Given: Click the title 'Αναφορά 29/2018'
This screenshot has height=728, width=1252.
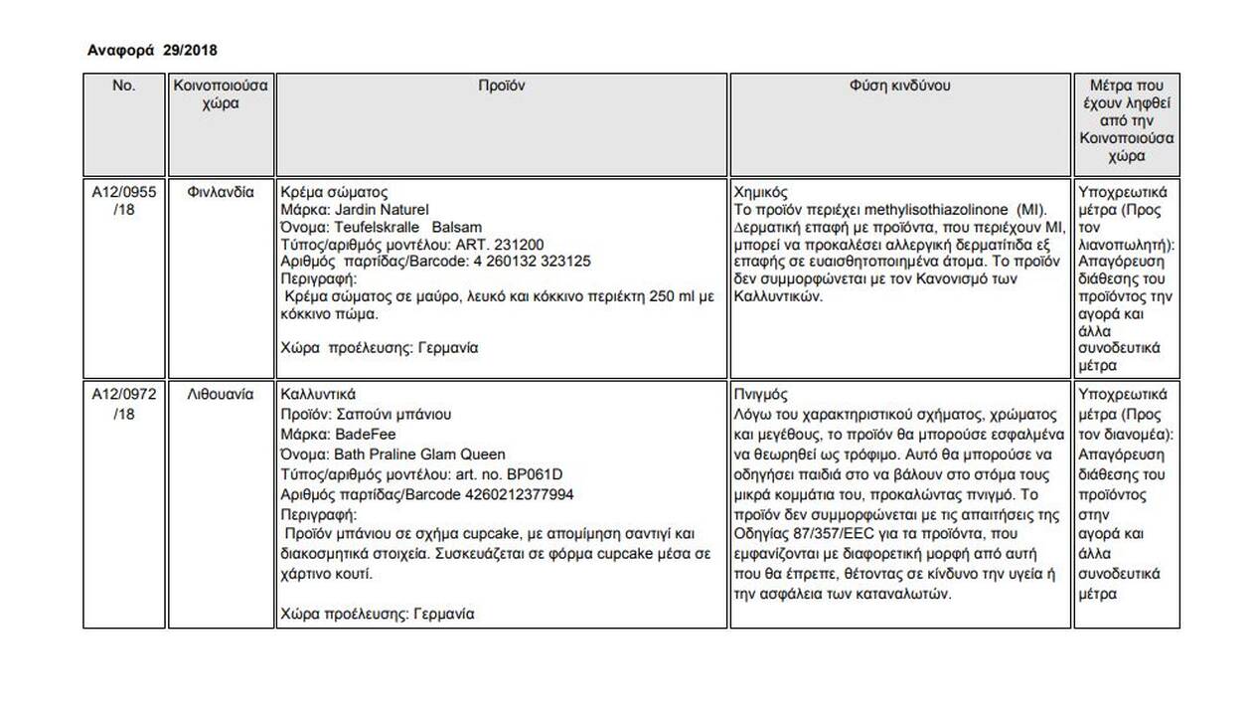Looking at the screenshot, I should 152,51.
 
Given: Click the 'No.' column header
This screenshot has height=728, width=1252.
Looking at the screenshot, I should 123,86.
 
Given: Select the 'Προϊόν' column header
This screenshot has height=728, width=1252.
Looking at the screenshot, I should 502,86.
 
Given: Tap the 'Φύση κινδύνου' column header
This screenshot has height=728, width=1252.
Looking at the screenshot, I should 900,86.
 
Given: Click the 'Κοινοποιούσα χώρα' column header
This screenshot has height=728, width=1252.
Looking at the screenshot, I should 220,94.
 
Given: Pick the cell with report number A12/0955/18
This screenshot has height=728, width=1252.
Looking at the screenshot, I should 123,201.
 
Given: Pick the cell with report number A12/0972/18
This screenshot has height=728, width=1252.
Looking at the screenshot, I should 123,404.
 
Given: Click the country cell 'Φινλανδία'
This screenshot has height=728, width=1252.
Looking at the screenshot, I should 220,192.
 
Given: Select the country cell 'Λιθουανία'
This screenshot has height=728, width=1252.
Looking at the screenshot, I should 220,395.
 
